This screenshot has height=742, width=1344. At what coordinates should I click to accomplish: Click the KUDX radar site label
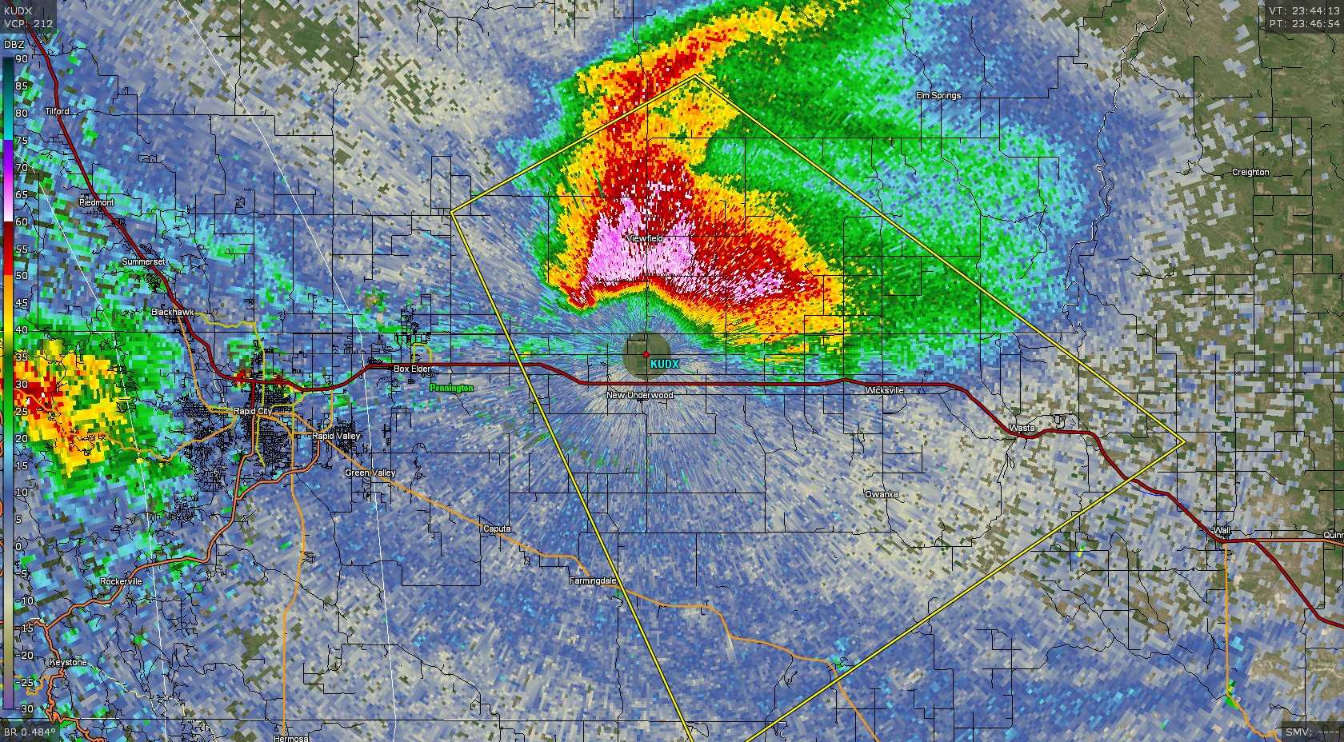[x=664, y=364]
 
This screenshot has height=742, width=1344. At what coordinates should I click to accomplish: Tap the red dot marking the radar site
[x=646, y=354]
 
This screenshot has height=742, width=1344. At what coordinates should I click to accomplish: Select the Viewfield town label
[x=644, y=238]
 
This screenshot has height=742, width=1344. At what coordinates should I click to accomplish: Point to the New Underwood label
[x=639, y=395]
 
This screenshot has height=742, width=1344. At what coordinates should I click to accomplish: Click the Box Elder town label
[x=412, y=369]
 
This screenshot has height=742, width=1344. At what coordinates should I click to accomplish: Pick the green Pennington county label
[x=451, y=388]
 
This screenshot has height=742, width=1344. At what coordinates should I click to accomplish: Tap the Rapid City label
[x=252, y=411]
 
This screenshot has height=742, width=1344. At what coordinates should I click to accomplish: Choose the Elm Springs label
[x=938, y=95]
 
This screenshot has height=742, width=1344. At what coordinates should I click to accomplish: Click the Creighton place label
[x=1250, y=172]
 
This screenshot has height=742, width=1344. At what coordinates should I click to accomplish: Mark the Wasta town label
[x=1022, y=428]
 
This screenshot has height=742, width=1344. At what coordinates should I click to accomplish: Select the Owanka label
[x=881, y=494]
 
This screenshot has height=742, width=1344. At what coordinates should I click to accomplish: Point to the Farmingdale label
[x=593, y=580]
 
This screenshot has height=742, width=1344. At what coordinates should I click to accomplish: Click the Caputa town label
[x=496, y=529]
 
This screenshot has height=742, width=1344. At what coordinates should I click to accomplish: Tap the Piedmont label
[x=96, y=202]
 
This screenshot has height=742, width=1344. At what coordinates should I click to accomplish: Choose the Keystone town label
[x=67, y=662]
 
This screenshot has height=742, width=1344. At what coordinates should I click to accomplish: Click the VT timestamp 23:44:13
[x=1304, y=11]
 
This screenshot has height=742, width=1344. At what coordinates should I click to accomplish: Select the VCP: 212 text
[x=28, y=23]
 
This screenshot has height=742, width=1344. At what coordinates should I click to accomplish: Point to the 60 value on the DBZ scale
[x=22, y=221]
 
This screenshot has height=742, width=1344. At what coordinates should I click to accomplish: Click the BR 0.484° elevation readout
[x=30, y=732]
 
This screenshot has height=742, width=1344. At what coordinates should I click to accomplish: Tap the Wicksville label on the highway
[x=884, y=390]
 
